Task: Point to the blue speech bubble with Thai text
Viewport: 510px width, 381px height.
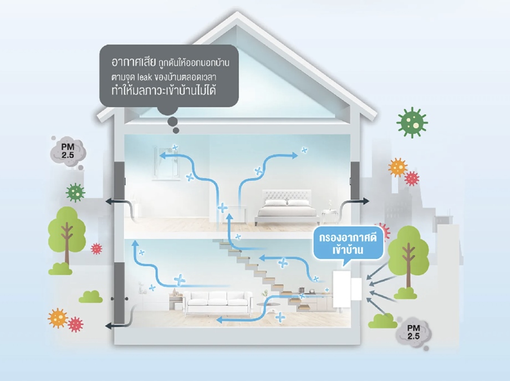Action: pos(349,244)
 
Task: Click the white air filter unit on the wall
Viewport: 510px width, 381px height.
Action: pos(348,288)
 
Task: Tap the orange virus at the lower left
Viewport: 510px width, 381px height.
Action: pos(57,318)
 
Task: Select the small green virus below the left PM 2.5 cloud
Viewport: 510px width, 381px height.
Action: pos(75,192)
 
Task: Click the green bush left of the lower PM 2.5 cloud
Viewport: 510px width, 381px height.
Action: pos(383,320)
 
